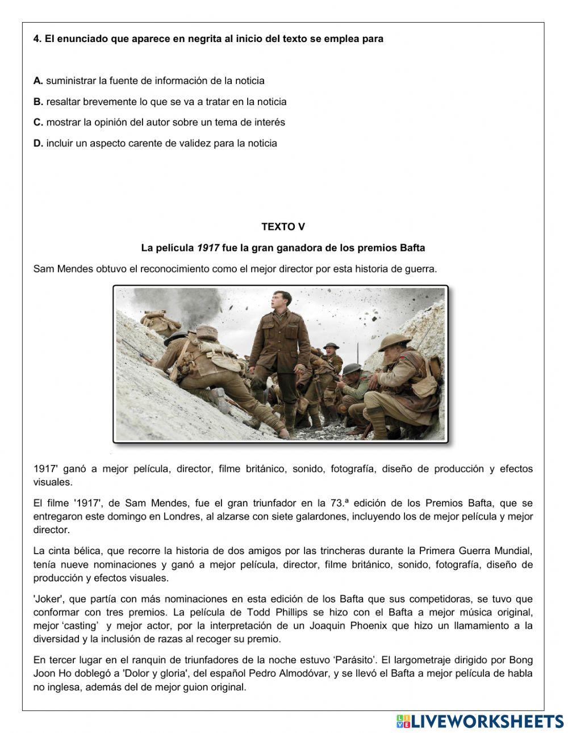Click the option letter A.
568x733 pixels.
click(x=38, y=81)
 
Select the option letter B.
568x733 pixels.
click(x=38, y=102)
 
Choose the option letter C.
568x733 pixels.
click(x=38, y=122)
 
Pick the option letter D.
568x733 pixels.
click(x=38, y=143)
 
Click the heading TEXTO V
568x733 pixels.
click(x=283, y=227)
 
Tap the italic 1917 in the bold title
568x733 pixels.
click(x=208, y=248)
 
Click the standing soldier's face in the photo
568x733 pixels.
click(x=279, y=301)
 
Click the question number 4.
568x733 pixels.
click(x=37, y=39)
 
